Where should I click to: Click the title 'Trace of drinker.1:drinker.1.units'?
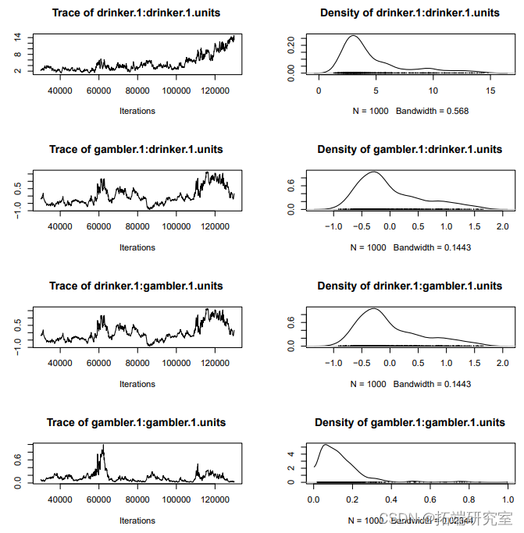click(x=136, y=12)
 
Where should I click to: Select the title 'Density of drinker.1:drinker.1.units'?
click(x=409, y=12)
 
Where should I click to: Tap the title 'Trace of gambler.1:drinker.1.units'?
click(x=136, y=149)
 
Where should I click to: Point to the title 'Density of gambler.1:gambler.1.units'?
click(x=409, y=422)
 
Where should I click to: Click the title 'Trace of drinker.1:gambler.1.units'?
click(x=136, y=286)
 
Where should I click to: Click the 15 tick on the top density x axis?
click(x=490, y=91)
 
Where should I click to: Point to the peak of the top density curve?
click(x=354, y=36)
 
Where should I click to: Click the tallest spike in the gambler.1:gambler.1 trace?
click(x=102, y=446)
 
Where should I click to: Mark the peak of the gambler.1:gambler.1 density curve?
click(x=325, y=446)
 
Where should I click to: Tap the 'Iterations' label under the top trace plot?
click(x=137, y=111)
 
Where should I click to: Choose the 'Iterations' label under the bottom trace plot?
click(x=137, y=521)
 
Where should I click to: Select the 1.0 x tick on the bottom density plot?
click(x=508, y=500)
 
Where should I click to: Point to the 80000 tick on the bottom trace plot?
click(x=137, y=500)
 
